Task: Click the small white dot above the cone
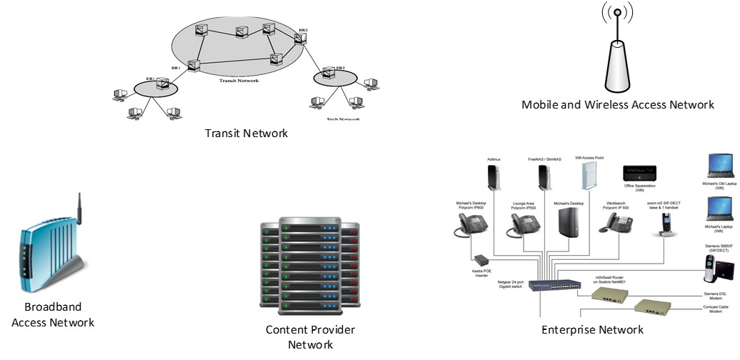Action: [x=618, y=12]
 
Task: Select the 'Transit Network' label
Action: [x=239, y=81]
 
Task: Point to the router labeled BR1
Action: [x=193, y=65]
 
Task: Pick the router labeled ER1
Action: [x=164, y=84]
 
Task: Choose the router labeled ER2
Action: [x=328, y=72]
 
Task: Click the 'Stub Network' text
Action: [x=339, y=119]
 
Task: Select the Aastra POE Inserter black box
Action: [x=480, y=259]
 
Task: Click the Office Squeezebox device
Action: [x=639, y=173]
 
